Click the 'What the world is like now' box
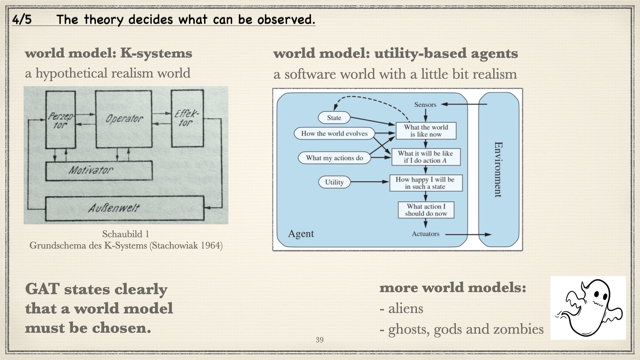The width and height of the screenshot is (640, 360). point(425,132)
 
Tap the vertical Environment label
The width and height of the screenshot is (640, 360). point(497,167)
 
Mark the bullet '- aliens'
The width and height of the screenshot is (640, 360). point(404,310)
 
